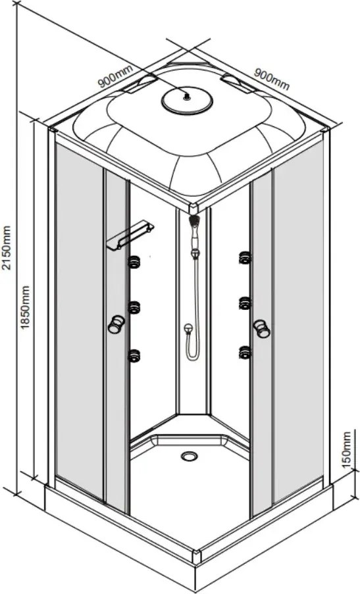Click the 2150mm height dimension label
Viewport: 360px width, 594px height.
click(7, 247)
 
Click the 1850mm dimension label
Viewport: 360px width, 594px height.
click(25, 307)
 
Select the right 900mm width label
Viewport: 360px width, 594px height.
click(271, 79)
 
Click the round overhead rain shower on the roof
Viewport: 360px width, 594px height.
click(187, 101)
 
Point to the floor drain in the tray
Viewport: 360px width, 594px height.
click(189, 456)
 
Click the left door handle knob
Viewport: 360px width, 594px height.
click(116, 324)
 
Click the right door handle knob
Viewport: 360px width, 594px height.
click(261, 328)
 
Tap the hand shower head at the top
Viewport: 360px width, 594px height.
click(193, 220)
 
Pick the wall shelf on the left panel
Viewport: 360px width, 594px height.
click(130, 236)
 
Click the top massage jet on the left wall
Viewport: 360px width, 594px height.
click(134, 262)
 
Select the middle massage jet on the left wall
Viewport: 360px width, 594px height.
click(134, 307)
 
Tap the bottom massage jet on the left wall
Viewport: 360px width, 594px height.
click(134, 356)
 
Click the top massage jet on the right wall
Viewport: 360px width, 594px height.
click(245, 258)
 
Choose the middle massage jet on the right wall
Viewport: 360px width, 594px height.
click(245, 303)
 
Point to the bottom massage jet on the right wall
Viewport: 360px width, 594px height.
click(245, 353)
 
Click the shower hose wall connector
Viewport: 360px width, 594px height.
click(188, 329)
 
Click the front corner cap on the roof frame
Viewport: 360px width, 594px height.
click(193, 208)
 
